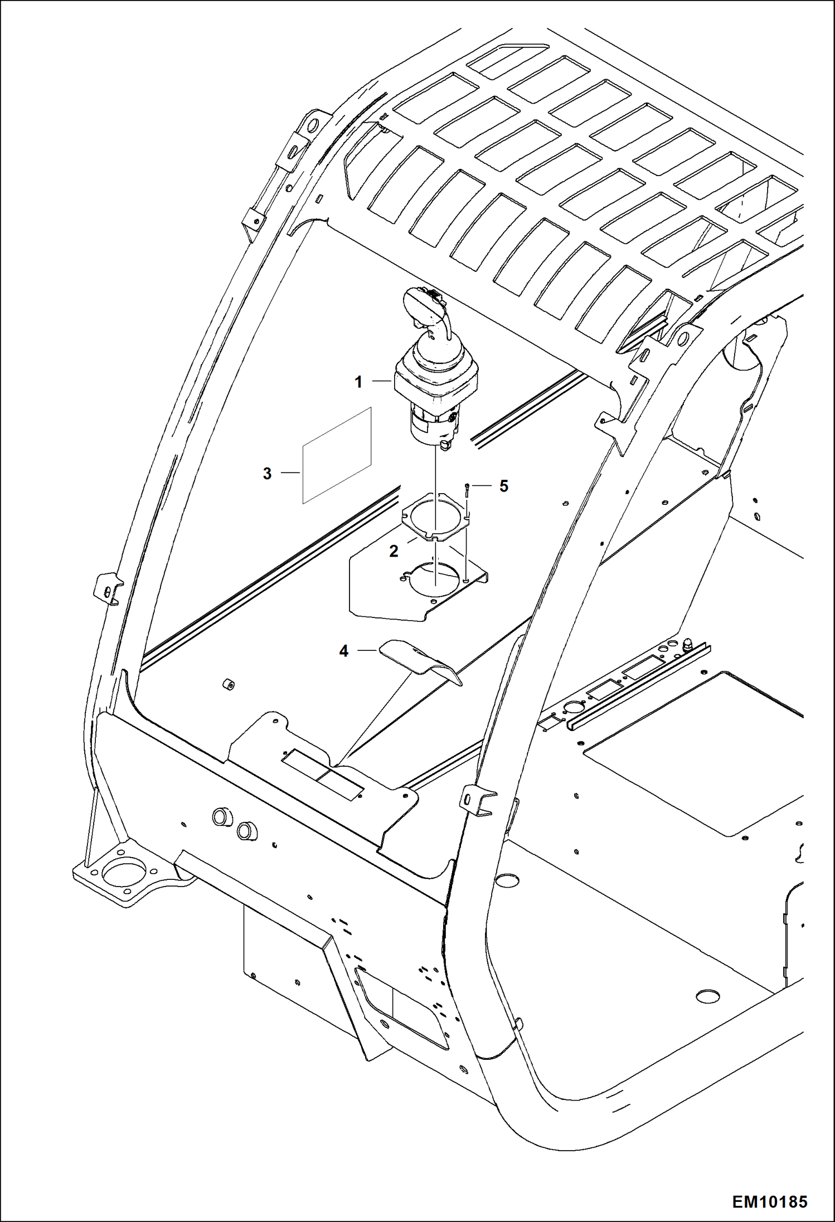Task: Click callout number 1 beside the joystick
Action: click(x=358, y=382)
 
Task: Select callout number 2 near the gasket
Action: click(x=394, y=551)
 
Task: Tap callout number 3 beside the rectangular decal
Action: click(x=267, y=474)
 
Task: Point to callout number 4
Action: click(x=344, y=650)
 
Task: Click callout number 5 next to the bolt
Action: click(x=503, y=486)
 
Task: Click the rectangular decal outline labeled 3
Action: click(x=337, y=456)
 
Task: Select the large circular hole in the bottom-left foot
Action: click(x=124, y=874)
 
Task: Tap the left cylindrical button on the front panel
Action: click(x=221, y=817)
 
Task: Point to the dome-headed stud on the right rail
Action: click(x=687, y=644)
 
